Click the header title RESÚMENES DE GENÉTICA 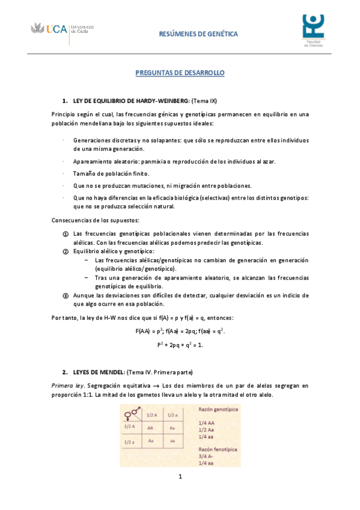pyautogui.click(x=198, y=34)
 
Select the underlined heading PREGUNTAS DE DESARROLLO pyautogui.click(x=180, y=72)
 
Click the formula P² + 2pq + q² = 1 pyautogui.click(x=180, y=345)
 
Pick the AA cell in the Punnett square pyautogui.click(x=150, y=428)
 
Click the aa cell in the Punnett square pyautogui.click(x=173, y=440)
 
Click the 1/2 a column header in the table pyautogui.click(x=173, y=414)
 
